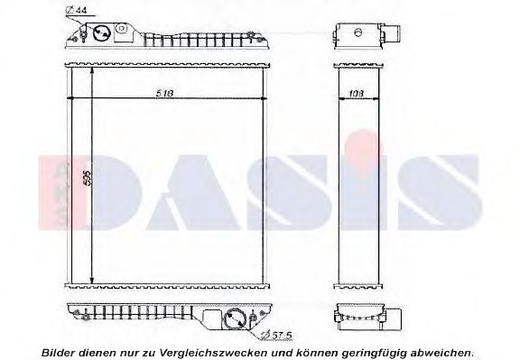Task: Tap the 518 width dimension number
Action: pyautogui.click(x=163, y=92)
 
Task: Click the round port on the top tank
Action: pyautogui.click(x=102, y=33)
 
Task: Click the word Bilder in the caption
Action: pyautogui.click(x=60, y=351)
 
